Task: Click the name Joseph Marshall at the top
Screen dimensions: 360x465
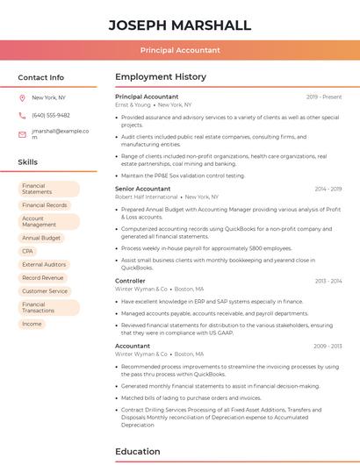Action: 180,25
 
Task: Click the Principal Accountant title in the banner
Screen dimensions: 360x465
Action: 180,50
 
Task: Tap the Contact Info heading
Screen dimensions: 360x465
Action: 41,77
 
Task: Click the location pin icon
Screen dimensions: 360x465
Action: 22,97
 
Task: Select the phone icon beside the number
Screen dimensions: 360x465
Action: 22,115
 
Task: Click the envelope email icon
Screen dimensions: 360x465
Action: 22,134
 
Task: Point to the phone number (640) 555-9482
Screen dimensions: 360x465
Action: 51,115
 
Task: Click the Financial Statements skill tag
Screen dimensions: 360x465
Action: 48,189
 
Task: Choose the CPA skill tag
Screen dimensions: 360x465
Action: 28,251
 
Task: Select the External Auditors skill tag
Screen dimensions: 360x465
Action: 44,264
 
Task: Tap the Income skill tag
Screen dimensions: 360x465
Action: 32,324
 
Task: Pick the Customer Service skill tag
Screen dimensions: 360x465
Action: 45,290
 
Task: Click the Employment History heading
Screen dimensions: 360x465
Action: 161,77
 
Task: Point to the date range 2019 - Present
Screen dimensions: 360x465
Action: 324,97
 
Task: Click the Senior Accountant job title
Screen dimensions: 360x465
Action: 143,189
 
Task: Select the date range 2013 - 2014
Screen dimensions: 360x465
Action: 328,281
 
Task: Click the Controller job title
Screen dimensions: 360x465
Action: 130,281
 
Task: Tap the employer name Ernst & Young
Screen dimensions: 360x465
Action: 133,104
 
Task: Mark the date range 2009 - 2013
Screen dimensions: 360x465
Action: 328,346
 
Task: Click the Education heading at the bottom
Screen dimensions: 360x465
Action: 138,452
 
